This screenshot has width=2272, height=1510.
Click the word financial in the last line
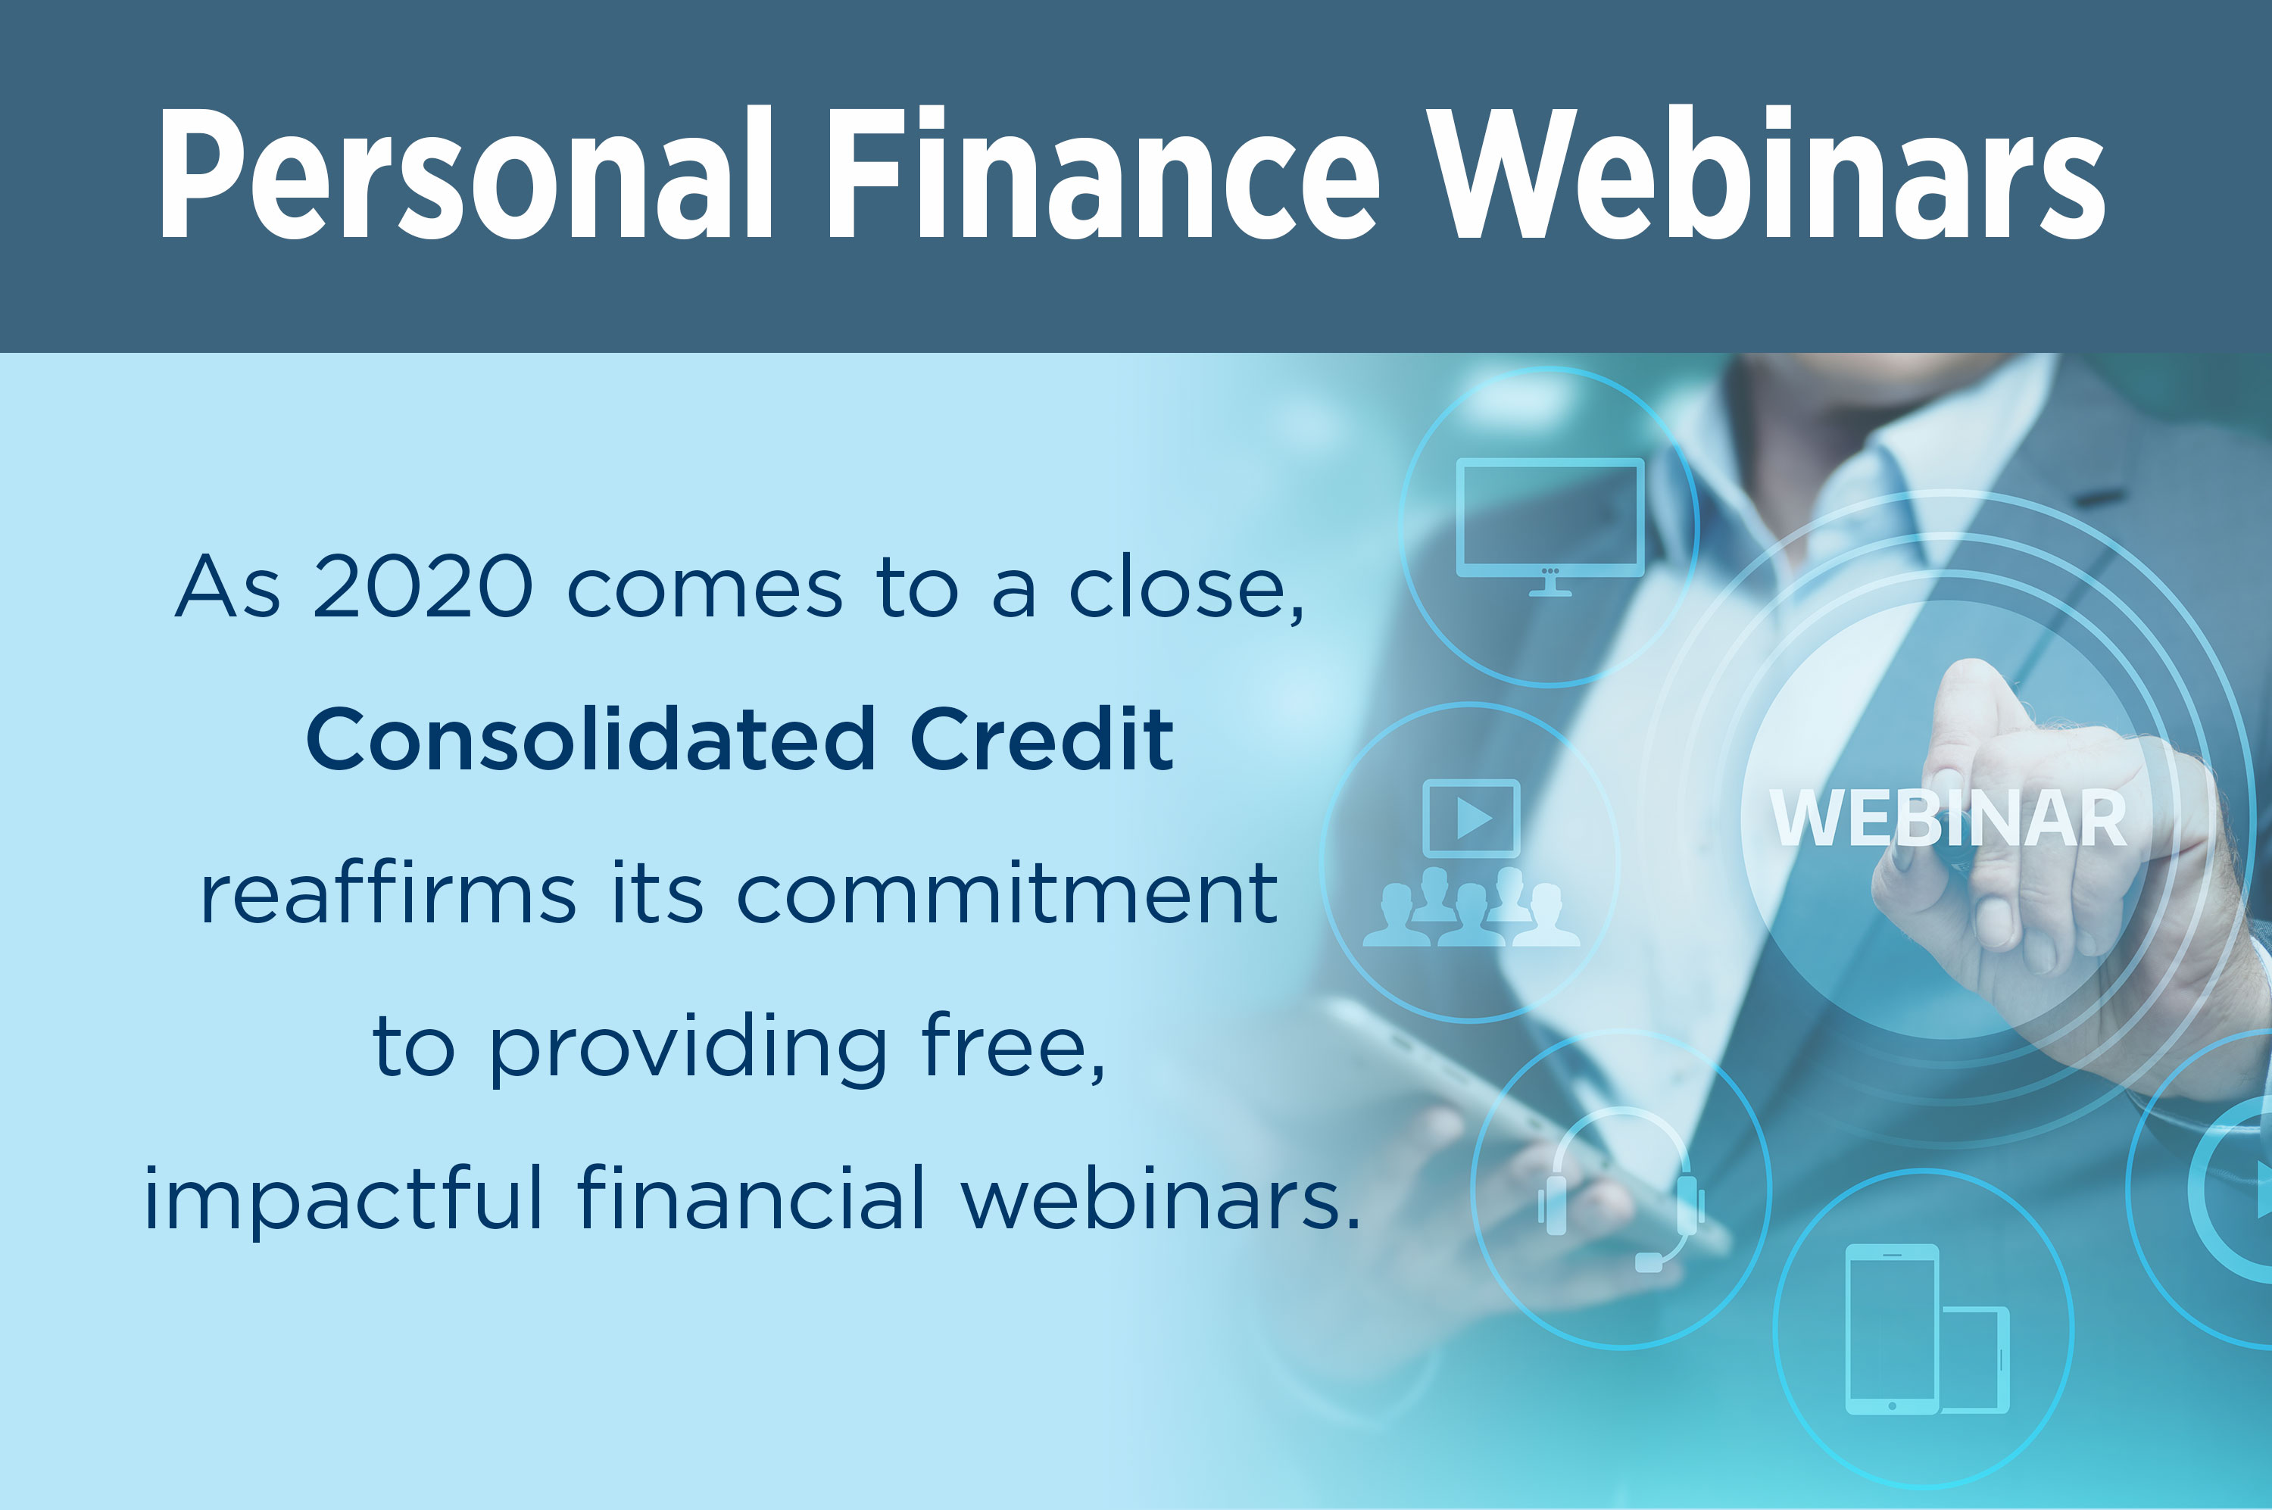click(751, 1199)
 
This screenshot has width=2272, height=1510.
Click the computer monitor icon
click(1550, 525)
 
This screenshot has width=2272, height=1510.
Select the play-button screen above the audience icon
click(1471, 819)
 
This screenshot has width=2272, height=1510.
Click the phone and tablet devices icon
click(1925, 1330)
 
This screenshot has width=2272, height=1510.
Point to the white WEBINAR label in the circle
click(1947, 819)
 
